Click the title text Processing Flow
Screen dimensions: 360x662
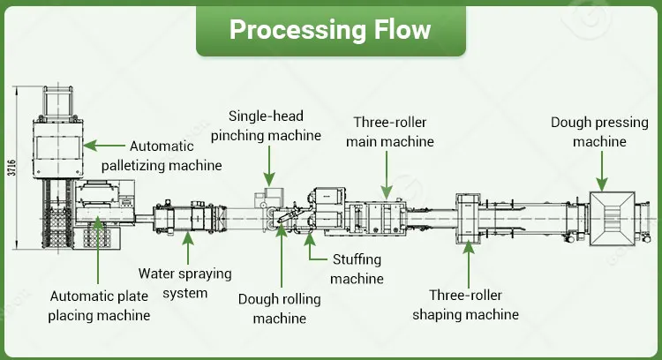[x=330, y=29]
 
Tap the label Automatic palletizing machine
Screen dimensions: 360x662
[x=176, y=155]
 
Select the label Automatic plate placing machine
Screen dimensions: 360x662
[x=99, y=305]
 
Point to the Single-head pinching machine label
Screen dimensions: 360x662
[x=275, y=125]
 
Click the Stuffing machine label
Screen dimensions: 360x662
[x=357, y=269]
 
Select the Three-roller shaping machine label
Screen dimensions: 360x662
[x=473, y=304]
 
